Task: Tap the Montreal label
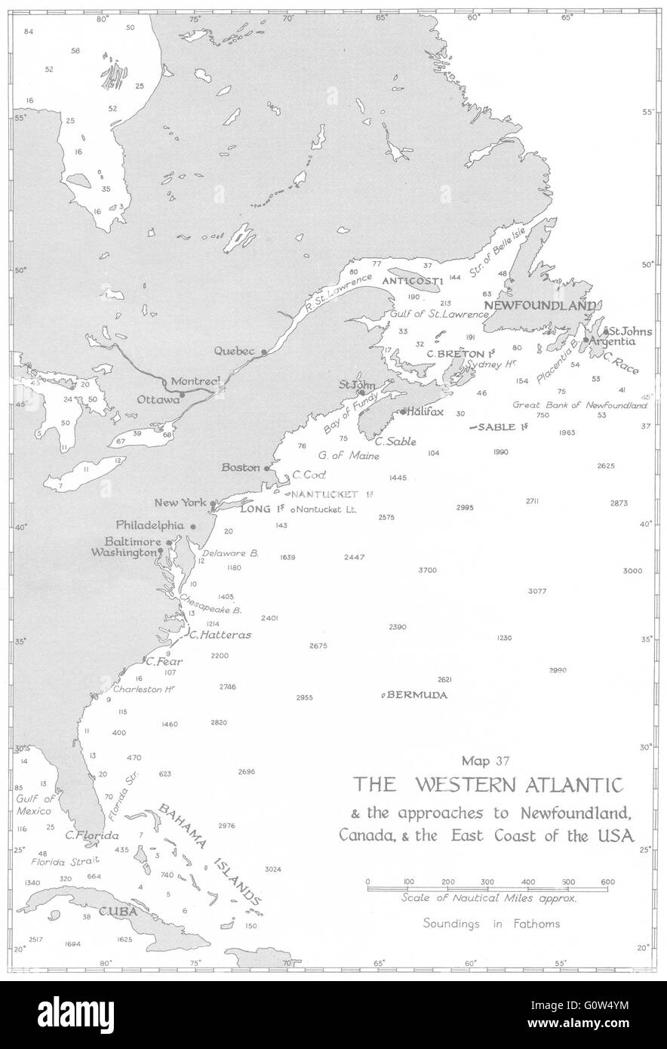click(x=195, y=381)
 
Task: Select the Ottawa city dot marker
click(x=182, y=394)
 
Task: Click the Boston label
click(x=240, y=468)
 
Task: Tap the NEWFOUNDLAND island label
click(x=540, y=305)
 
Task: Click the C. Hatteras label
click(x=220, y=635)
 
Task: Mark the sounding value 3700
click(x=427, y=571)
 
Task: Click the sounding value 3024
click(x=273, y=869)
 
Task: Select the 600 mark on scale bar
click(x=608, y=881)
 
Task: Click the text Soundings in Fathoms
click(x=491, y=924)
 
